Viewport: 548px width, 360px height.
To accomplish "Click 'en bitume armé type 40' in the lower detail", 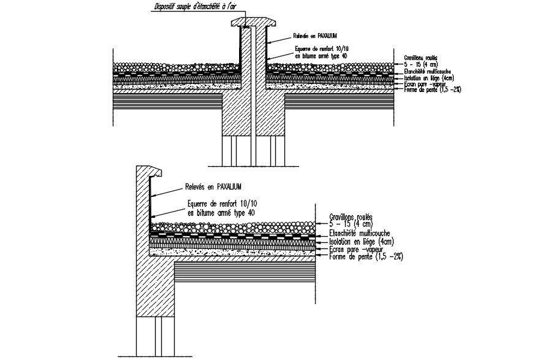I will click(x=221, y=213).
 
